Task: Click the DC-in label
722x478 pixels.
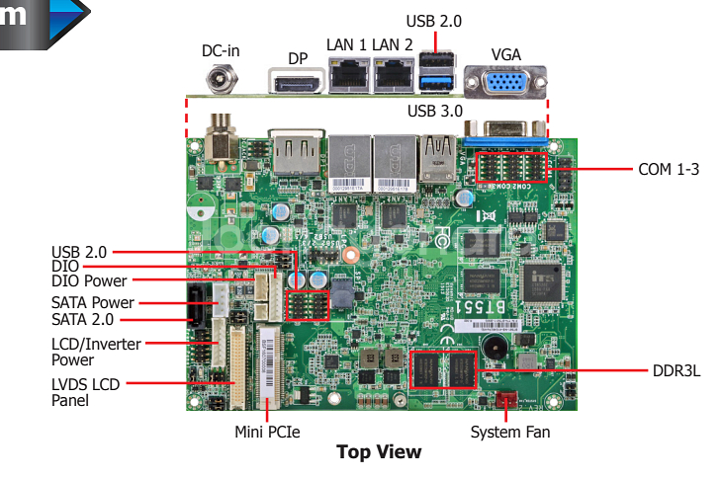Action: (x=221, y=50)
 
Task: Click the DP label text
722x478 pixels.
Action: (x=298, y=58)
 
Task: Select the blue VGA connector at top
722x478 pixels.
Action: (x=503, y=81)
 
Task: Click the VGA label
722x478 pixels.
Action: (x=505, y=54)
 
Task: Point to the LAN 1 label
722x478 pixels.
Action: (x=346, y=44)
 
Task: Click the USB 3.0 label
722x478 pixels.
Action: (x=434, y=111)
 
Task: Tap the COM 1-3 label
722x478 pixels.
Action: (x=669, y=169)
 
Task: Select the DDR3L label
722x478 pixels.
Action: (x=677, y=372)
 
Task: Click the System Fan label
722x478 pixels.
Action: (x=509, y=432)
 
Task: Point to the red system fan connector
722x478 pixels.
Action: (x=506, y=401)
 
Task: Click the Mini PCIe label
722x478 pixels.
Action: (x=267, y=432)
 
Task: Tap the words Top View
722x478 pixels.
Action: (x=378, y=452)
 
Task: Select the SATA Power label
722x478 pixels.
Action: (x=92, y=303)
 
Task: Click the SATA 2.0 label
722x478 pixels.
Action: (x=82, y=320)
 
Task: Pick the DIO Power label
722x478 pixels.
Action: (x=89, y=281)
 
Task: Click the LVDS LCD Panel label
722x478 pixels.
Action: (x=85, y=392)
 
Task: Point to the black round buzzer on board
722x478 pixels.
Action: (x=492, y=349)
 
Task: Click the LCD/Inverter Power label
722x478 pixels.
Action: (x=96, y=352)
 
